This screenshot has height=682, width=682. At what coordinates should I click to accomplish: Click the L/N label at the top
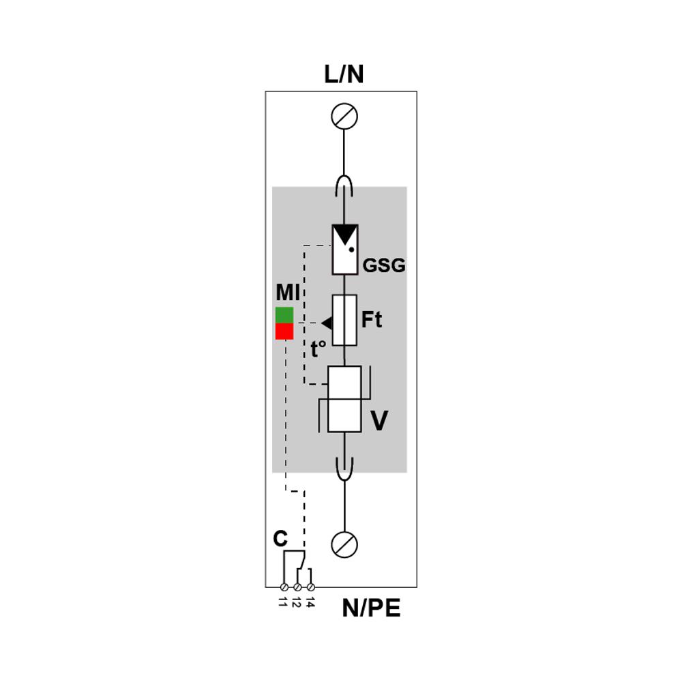(x=344, y=74)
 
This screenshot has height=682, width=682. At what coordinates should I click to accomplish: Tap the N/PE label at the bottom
(x=371, y=608)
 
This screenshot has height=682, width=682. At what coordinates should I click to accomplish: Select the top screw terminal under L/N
(x=344, y=117)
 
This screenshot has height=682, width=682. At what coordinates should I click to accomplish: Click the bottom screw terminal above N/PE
(x=344, y=544)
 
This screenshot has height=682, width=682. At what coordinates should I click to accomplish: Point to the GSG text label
(x=383, y=265)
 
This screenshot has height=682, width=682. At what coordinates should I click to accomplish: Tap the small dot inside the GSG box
(x=351, y=250)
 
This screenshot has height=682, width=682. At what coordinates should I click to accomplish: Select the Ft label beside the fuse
(x=372, y=320)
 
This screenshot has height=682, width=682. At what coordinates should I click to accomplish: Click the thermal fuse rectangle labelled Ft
(x=344, y=320)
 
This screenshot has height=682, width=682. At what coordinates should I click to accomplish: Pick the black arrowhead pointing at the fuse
(x=327, y=323)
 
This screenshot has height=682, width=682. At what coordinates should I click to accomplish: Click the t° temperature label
(x=318, y=349)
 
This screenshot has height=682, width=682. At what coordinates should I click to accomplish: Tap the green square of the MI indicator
(x=284, y=315)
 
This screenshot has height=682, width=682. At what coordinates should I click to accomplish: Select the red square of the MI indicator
(x=284, y=331)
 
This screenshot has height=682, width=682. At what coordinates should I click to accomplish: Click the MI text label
(x=288, y=293)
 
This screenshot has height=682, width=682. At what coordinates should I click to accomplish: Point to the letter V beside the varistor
(x=379, y=421)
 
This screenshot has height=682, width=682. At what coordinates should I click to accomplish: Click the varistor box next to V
(x=344, y=399)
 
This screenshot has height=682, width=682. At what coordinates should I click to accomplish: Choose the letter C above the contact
(x=280, y=539)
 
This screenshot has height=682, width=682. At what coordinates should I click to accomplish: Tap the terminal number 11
(x=283, y=602)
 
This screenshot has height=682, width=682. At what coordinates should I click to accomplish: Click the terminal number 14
(x=310, y=602)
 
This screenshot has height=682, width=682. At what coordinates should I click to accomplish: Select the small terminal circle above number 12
(x=297, y=587)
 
